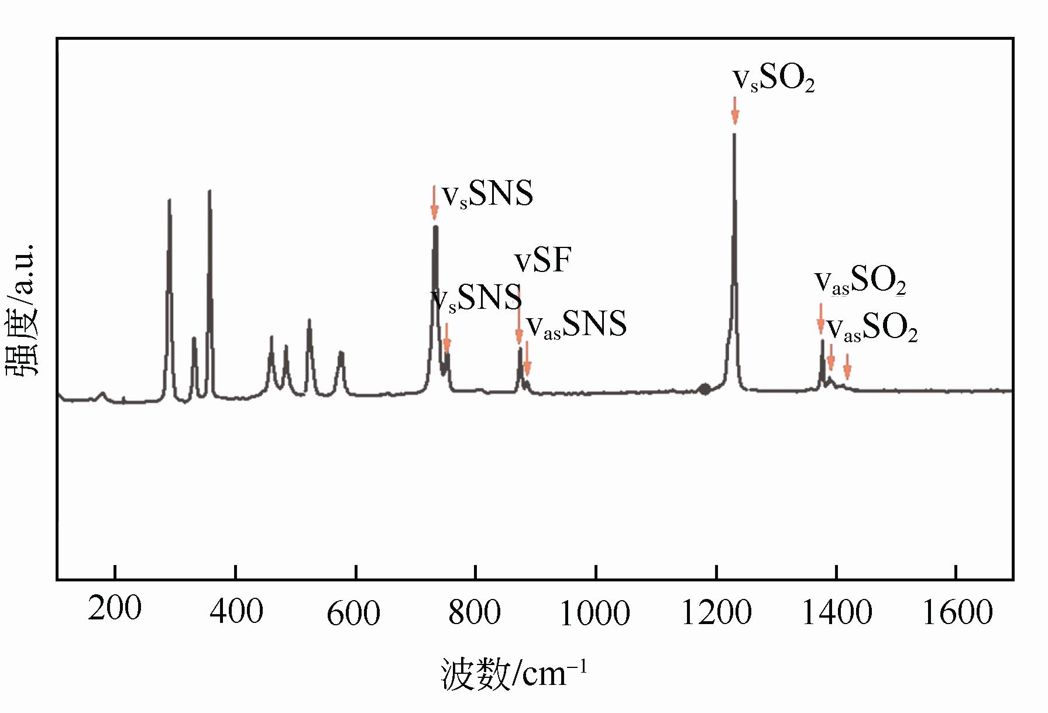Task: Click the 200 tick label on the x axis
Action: (x=115, y=609)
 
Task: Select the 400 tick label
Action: (x=236, y=611)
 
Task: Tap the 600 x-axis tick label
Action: (x=353, y=614)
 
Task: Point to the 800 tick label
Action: (x=474, y=612)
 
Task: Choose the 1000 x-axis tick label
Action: (x=595, y=614)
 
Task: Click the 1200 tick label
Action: (x=716, y=612)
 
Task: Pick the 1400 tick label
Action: (x=837, y=612)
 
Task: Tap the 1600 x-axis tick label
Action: (x=957, y=612)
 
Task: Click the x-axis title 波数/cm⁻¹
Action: (x=513, y=674)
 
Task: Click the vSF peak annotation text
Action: (x=542, y=260)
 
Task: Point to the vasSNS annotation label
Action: (x=576, y=325)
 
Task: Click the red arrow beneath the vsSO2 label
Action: (x=735, y=111)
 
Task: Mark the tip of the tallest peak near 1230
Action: (x=734, y=135)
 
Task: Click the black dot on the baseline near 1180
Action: (x=705, y=389)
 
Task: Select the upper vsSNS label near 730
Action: (x=487, y=194)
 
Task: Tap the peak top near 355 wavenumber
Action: (x=209, y=191)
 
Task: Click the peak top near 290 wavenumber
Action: (x=169, y=201)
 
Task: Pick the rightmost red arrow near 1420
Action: (x=847, y=368)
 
